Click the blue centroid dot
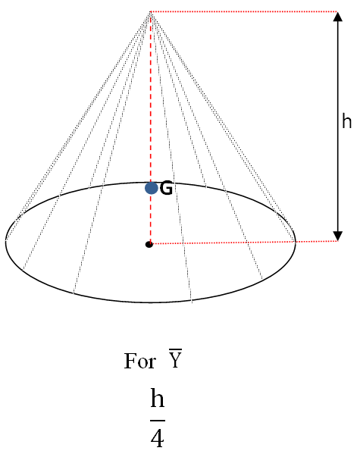[x=152, y=187]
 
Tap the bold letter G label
[x=167, y=189]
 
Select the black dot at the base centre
[x=149, y=244]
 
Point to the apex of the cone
[x=151, y=12]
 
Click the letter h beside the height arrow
[x=347, y=121]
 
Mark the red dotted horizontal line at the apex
[x=243, y=12]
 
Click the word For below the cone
[x=140, y=361]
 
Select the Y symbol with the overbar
[x=174, y=359]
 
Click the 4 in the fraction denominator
[x=157, y=438]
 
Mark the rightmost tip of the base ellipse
[x=296, y=242]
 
